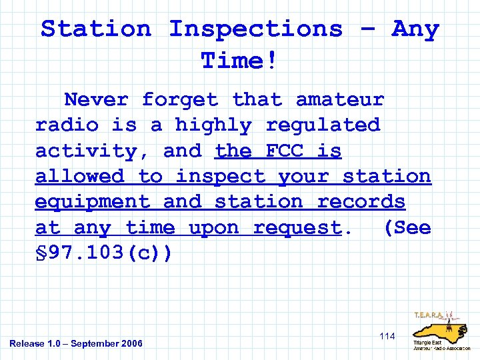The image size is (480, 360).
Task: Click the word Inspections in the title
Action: pyautogui.click(x=255, y=30)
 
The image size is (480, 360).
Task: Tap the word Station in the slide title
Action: pyautogui.click(x=96, y=30)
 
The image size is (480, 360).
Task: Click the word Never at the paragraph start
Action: pyautogui.click(x=96, y=100)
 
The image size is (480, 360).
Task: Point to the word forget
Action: pyautogui.click(x=180, y=100)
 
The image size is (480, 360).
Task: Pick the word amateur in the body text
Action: pyautogui.click(x=340, y=100)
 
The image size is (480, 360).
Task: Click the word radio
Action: pyautogui.click(x=67, y=125)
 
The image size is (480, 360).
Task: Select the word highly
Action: pyautogui.click(x=213, y=125)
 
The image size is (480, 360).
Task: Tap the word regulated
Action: pyautogui.click(x=323, y=125)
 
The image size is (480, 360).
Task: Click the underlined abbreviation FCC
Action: pyautogui.click(x=285, y=151)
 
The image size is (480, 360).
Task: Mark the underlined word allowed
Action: pyautogui.click(x=79, y=177)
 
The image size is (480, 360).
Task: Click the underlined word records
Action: pyautogui.click(x=361, y=202)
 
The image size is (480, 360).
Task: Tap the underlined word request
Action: pyautogui.click(x=297, y=228)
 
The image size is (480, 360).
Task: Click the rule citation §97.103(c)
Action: pyautogui.click(x=103, y=253)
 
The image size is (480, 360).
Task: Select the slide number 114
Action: pyautogui.click(x=387, y=337)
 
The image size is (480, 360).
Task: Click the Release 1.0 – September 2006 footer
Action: pyautogui.click(x=76, y=343)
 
